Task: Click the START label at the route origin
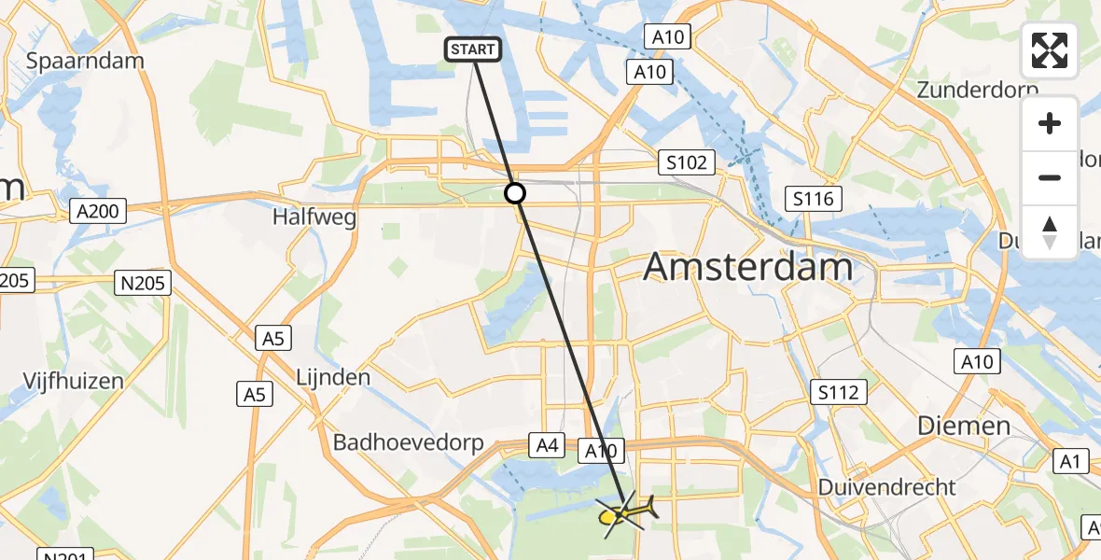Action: (474, 49)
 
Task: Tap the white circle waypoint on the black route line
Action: (515, 193)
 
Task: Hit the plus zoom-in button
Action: (1050, 123)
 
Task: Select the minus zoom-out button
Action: (1050, 177)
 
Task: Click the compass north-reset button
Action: (1050, 231)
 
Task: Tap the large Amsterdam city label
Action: (748, 267)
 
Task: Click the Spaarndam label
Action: (86, 61)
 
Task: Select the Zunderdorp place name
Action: (977, 90)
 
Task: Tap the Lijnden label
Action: (333, 378)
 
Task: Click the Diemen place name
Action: (964, 426)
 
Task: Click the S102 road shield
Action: (686, 162)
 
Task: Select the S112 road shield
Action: (838, 392)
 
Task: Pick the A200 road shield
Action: (98, 212)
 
